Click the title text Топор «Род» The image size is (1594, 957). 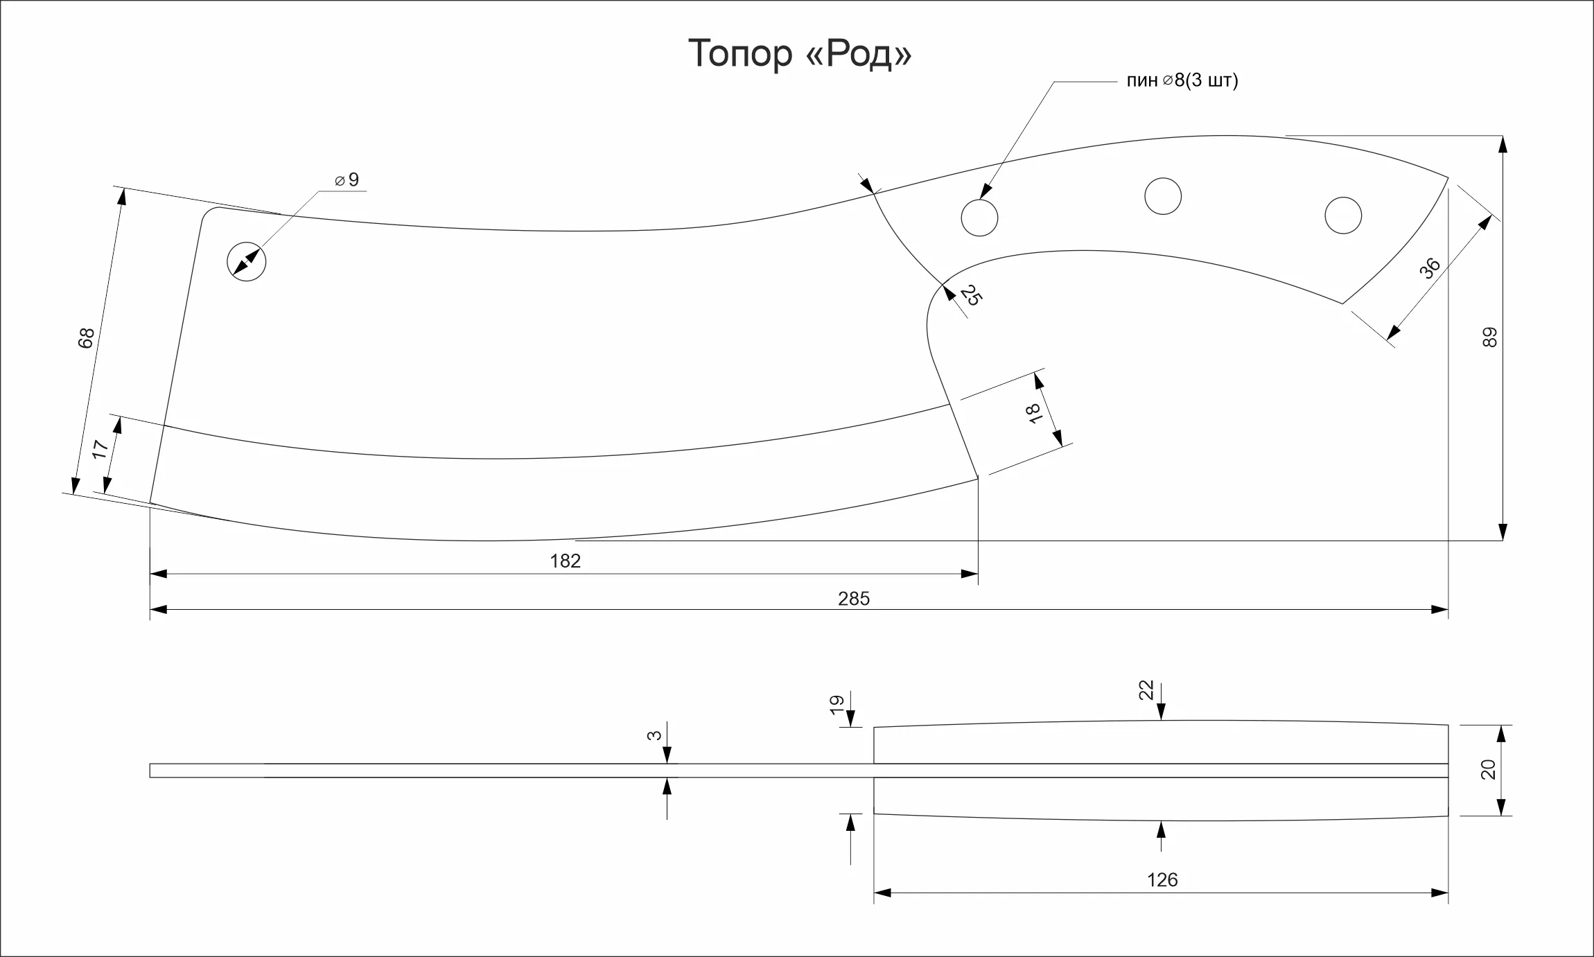800,53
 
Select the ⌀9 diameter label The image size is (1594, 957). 347,180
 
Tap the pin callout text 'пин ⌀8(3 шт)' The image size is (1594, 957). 1182,81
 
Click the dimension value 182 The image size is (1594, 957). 566,561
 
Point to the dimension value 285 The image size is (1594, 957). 854,599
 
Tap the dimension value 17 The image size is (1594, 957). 100,449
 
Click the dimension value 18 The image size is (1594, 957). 1035,413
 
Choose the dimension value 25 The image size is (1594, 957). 971,296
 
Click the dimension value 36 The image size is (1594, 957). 1430,268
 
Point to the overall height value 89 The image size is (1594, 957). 1489,338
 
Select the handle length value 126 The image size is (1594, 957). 1162,880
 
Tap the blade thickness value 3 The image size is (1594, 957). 654,735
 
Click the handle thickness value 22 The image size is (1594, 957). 1146,690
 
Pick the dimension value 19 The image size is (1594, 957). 837,705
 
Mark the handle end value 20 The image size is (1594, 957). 1489,770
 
